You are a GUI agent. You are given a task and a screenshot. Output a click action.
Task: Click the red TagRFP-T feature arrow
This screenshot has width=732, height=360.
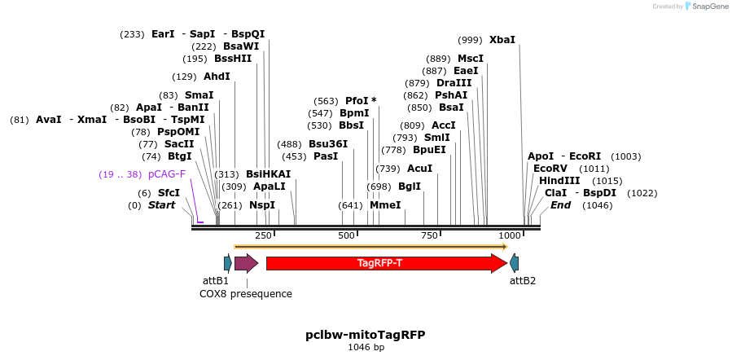386,263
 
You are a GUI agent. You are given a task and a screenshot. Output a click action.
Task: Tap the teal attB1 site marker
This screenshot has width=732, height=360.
228,263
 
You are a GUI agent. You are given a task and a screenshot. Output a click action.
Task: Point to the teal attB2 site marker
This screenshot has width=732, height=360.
515,263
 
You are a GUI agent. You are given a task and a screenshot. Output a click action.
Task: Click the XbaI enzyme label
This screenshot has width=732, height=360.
502,39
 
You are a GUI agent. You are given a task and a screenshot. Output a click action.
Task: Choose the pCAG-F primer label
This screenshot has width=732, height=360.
167,174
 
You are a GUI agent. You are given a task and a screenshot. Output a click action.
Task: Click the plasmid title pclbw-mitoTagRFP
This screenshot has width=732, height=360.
366,335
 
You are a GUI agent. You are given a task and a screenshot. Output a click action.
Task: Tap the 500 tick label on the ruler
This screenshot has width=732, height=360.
347,235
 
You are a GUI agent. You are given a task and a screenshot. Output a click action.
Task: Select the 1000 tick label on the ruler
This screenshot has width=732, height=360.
510,235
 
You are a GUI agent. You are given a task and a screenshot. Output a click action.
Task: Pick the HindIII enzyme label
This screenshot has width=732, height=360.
559,181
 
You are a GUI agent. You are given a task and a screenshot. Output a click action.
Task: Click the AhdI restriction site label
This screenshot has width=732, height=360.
217,77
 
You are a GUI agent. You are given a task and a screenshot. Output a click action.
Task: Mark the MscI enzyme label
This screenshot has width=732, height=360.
471,59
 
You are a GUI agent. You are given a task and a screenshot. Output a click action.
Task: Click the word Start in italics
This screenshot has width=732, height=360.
161,205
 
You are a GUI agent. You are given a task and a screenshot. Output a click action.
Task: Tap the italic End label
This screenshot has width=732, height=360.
560,205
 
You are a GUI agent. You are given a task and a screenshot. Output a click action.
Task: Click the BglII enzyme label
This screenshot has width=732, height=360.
410,187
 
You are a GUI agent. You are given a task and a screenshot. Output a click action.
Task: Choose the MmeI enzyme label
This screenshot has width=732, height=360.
385,205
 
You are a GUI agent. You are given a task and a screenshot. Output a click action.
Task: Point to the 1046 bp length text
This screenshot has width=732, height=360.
366,348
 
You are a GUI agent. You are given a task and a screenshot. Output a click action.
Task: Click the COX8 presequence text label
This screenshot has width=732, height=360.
246,294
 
